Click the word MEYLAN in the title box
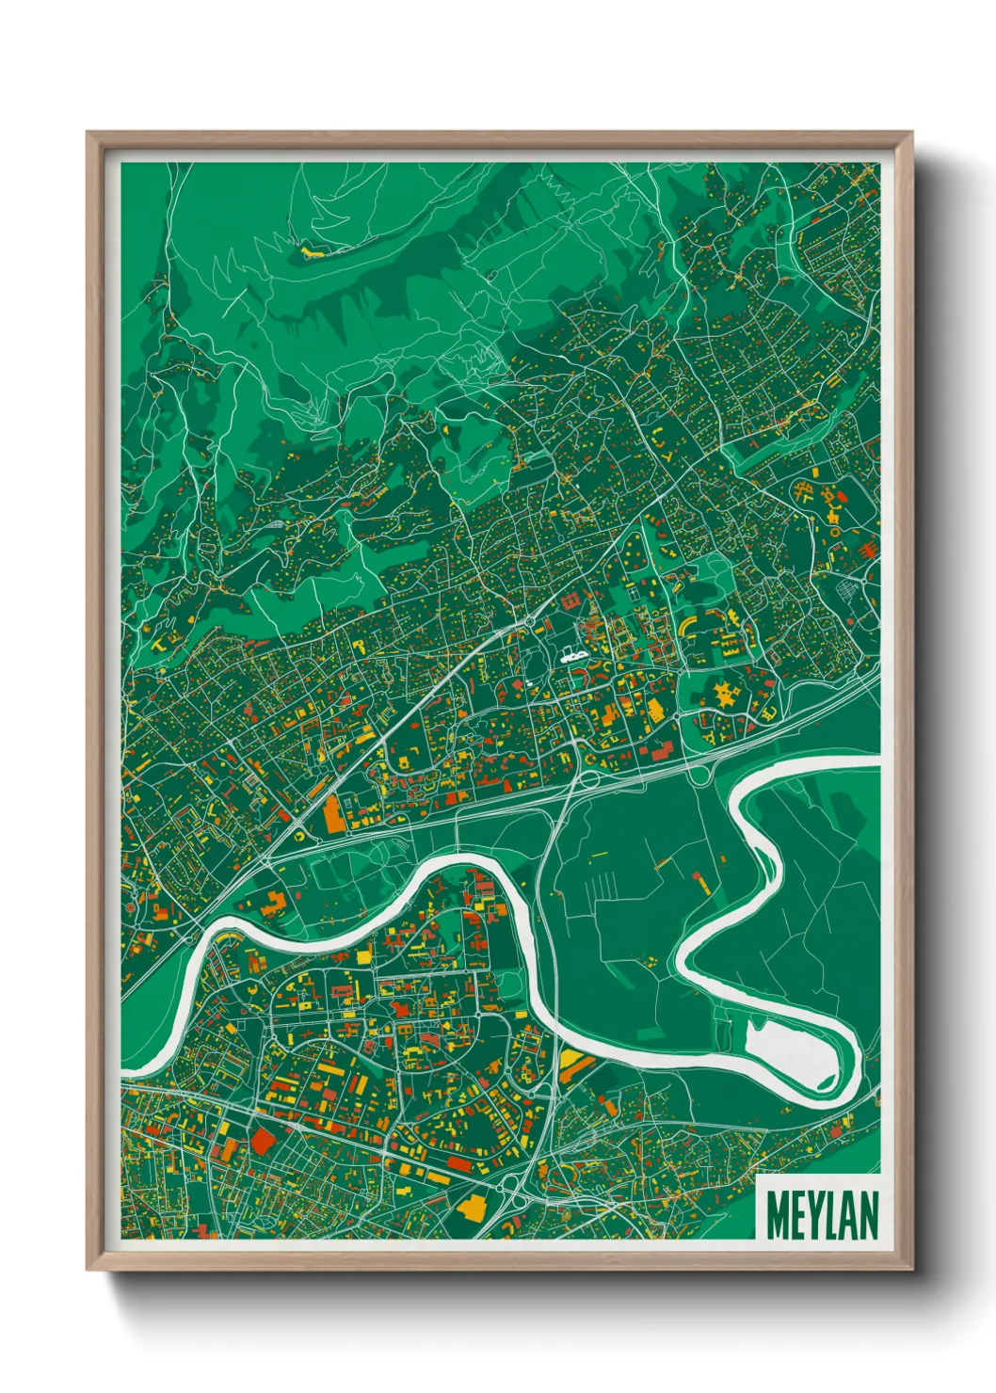point(822,1215)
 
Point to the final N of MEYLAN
point(868,1215)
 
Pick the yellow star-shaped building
point(726,696)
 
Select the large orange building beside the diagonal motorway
point(334,814)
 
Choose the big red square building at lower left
point(261,1143)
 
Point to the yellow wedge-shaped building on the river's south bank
point(573,1063)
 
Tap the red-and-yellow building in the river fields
point(700,881)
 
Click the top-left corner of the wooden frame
point(88,134)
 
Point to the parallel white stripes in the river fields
point(603,886)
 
